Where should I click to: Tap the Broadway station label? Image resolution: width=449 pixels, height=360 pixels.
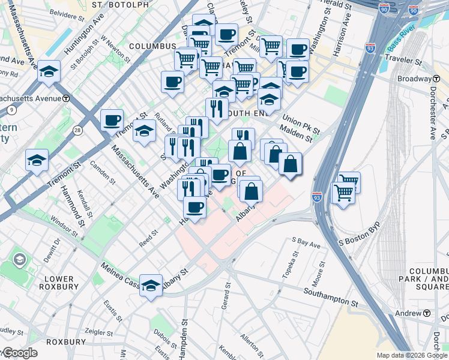414,79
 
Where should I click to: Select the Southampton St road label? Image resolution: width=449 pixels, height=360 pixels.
331,293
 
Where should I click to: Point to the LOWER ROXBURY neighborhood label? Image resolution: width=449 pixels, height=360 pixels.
59,283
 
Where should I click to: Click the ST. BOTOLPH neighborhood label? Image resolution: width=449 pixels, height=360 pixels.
121,5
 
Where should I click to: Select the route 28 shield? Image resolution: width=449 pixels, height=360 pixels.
77,130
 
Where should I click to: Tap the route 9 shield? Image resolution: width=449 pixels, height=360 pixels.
11,110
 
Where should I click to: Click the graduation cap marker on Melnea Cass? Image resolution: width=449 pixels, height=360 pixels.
151,284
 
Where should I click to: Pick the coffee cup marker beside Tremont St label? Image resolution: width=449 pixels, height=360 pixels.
112,120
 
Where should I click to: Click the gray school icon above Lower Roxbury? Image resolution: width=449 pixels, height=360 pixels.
20,260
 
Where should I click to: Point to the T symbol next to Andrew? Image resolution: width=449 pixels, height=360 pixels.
427,313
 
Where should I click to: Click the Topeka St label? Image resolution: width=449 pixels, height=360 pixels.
291,268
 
